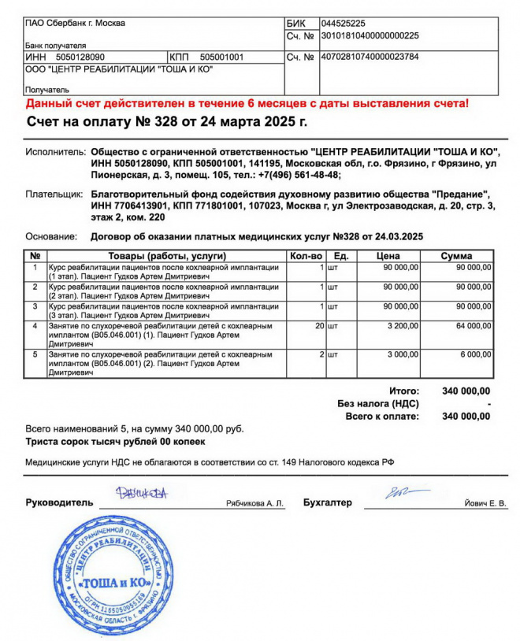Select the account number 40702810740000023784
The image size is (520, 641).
[x=370, y=57]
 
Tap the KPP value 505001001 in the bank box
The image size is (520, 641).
[x=222, y=57]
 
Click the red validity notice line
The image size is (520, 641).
[x=247, y=103]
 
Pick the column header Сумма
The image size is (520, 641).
[x=457, y=256]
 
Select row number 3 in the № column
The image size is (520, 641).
[x=35, y=306]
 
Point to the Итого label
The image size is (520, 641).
[x=404, y=391]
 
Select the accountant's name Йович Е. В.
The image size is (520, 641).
[x=485, y=503]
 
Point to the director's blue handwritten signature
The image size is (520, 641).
[x=141, y=494]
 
